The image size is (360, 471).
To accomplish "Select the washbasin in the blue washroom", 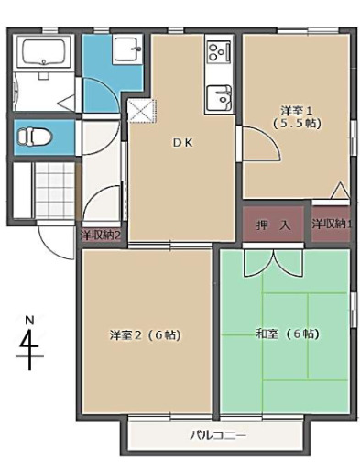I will point(125,50).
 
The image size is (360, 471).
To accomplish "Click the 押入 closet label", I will point(278,224).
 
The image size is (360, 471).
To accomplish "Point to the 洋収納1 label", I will point(331,224).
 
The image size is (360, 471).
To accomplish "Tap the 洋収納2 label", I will point(101,235).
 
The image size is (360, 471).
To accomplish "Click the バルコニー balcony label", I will point(218,434).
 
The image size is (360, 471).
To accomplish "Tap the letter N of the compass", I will point(29,320).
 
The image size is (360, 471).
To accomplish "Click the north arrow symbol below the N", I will point(30,347).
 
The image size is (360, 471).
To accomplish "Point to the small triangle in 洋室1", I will point(339,190).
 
